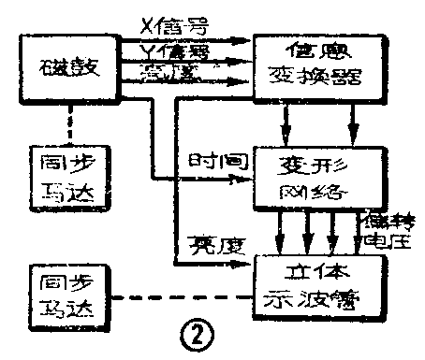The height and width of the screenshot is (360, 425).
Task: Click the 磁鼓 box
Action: tap(66, 66)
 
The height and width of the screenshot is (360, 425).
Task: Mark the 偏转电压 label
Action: tap(386, 228)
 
